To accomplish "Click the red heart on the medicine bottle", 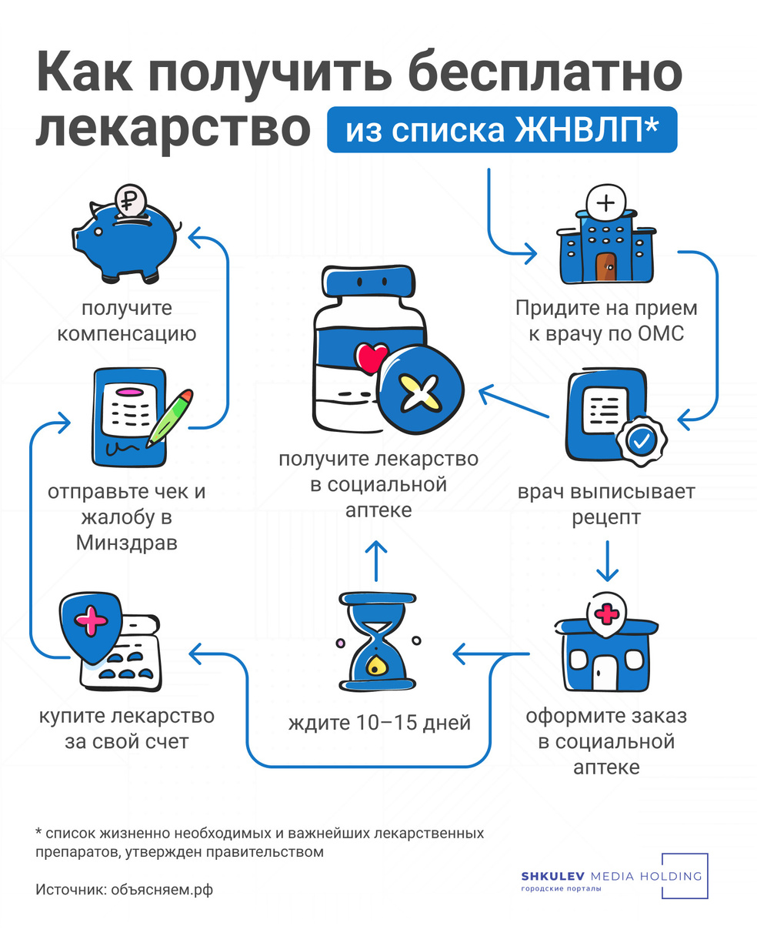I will (x=371, y=359).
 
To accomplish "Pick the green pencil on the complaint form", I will (x=170, y=417).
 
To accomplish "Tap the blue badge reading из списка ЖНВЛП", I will (x=502, y=130).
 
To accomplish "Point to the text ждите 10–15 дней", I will (x=379, y=724).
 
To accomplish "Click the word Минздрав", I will (x=127, y=543).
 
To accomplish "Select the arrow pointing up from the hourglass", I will (x=375, y=560).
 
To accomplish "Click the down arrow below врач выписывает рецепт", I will (x=608, y=561).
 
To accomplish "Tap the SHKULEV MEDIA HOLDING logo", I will (x=612, y=877).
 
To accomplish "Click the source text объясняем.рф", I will (x=162, y=890).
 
